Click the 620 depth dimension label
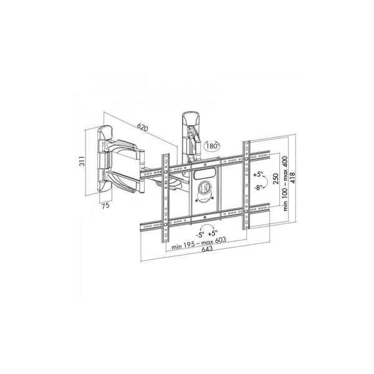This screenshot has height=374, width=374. coord(142,128)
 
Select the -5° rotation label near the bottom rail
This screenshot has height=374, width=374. coord(199,235)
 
